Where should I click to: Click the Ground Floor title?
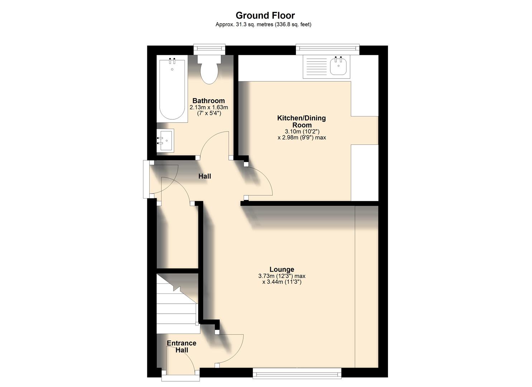click(265, 15)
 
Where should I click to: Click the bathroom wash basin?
click(166, 140)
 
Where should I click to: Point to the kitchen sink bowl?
click(338, 67)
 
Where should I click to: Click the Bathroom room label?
click(209, 101)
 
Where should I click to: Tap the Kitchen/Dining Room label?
click(302, 121)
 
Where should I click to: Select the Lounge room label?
click(282, 269)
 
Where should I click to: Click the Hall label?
click(205, 176)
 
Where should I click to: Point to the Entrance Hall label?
click(182, 347)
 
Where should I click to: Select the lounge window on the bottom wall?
click(297, 374)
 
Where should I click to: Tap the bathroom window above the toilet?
click(210, 49)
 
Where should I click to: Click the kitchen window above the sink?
click(327, 49)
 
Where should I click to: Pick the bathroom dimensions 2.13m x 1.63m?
click(209, 107)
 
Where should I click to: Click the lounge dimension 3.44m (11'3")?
click(282, 282)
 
